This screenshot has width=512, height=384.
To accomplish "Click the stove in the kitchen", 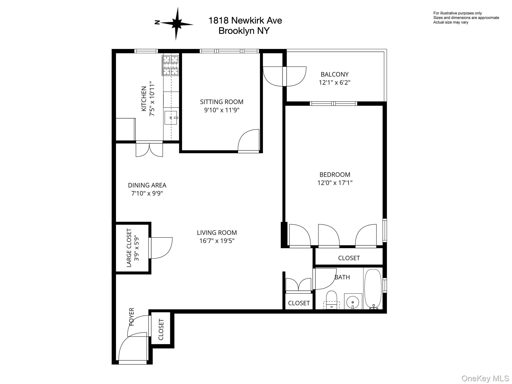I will [170, 65].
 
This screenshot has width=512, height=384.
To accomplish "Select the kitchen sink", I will [171, 118].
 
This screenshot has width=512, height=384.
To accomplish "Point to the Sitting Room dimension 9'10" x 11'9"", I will [222, 110].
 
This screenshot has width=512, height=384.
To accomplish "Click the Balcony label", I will [334, 74].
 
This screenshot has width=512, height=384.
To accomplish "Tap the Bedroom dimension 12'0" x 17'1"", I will [335, 183].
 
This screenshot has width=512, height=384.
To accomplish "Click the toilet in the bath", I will [332, 300].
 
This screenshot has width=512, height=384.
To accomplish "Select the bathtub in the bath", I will [373, 288].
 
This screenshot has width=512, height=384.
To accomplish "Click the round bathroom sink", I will [353, 302].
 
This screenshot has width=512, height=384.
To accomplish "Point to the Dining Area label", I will [147, 185].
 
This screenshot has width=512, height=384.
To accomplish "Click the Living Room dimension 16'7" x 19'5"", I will [217, 241].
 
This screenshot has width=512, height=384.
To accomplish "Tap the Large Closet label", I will [129, 248].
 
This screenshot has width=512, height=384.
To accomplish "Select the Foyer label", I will [132, 317].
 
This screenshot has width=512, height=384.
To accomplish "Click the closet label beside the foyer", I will [161, 329].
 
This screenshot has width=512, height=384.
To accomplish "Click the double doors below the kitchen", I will [149, 149].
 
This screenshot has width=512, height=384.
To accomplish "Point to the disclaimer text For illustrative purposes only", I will [457, 13].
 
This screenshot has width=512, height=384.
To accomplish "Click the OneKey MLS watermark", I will [485, 378].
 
